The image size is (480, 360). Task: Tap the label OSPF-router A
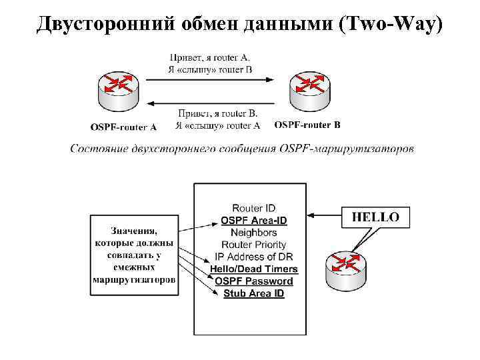click(x=123, y=127)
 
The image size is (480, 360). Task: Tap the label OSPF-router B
click(x=307, y=125)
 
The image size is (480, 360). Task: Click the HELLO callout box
click(x=375, y=217)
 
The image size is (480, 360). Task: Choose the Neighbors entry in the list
click(x=253, y=233)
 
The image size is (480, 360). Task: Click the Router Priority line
click(x=253, y=245)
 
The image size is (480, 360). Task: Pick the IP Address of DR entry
click(x=253, y=257)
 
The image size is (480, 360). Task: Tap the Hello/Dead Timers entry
click(x=253, y=269)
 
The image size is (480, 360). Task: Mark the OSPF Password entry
click(x=253, y=281)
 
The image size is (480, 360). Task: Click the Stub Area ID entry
click(x=253, y=293)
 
